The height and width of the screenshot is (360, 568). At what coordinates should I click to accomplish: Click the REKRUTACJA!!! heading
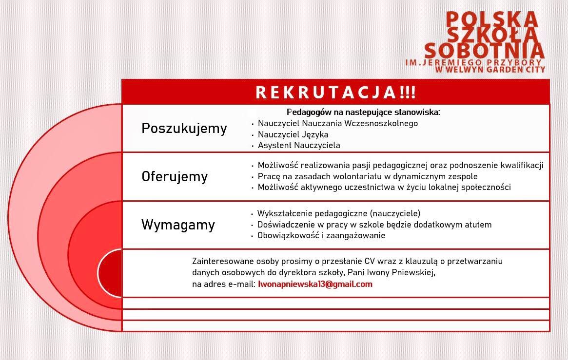(336, 92)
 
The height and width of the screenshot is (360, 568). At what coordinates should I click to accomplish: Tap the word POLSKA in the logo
(491, 19)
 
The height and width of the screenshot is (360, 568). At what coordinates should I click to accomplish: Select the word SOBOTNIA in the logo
(484, 50)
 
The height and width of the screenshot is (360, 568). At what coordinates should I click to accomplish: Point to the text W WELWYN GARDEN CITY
(490, 69)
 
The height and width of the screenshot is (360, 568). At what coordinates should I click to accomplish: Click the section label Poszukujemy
(184, 129)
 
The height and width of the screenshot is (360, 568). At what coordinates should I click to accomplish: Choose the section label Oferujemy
(175, 176)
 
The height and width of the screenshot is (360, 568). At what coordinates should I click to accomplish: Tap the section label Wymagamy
(178, 225)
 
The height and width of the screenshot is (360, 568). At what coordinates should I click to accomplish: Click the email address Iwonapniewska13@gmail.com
(315, 284)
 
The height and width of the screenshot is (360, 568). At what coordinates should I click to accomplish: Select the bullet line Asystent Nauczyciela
(299, 146)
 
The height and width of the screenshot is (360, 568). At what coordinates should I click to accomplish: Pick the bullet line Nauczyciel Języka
(293, 134)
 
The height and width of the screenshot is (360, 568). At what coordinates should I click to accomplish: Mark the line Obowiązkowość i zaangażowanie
(321, 236)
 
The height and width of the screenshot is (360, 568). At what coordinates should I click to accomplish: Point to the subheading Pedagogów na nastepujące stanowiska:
(363, 112)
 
